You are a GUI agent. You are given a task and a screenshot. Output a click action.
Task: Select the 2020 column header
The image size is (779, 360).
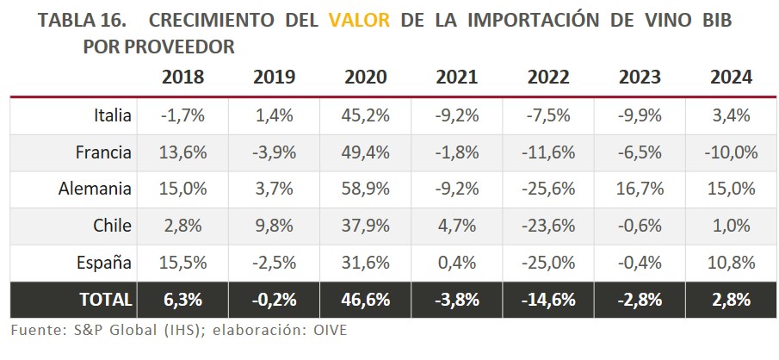tap(366, 77)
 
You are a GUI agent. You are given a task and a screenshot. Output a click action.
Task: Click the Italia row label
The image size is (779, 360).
tap(113, 115)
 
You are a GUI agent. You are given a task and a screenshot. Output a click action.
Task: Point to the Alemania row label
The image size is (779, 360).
tap(100, 189)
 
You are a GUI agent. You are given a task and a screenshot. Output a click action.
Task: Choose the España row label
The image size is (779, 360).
tap(105, 263)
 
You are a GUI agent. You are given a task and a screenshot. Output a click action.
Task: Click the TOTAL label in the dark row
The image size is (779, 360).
tap(106, 300)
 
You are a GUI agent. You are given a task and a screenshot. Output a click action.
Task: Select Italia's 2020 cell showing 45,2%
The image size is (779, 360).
tap(366, 115)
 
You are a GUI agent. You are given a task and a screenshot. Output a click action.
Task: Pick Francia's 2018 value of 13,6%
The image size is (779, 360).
tap(182, 152)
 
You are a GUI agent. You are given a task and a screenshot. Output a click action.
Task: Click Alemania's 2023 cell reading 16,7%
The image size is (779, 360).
tap(640, 189)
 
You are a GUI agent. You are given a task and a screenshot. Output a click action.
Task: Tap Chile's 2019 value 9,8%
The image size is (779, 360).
tap(274, 226)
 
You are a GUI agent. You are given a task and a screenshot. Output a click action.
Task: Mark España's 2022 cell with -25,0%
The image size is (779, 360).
tap(548, 263)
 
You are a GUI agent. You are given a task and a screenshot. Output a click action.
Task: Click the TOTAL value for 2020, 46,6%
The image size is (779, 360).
tap(366, 300)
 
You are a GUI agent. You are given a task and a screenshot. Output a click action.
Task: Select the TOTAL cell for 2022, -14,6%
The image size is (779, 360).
tap(548, 300)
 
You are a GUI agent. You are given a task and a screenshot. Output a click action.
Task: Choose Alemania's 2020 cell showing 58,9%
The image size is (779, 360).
tap(366, 189)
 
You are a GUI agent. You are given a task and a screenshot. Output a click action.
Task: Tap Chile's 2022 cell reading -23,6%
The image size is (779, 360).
tap(548, 226)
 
